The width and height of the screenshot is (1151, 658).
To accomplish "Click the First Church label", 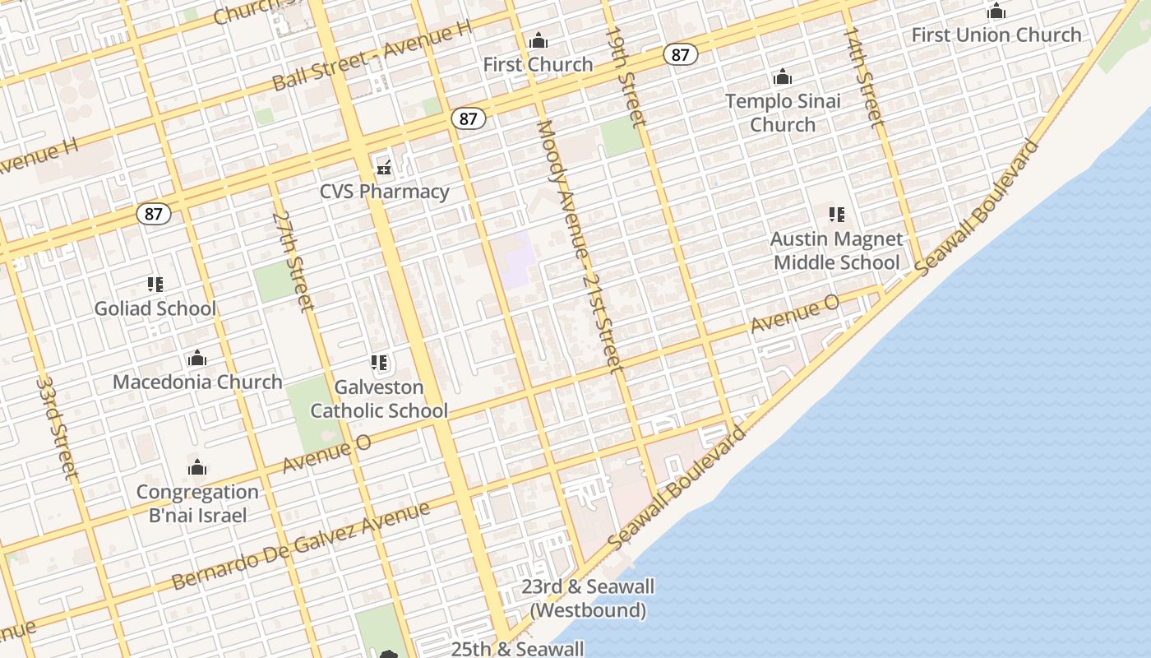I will pyautogui.click(x=538, y=64).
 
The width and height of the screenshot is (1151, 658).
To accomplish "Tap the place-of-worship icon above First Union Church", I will pyautogui.click(x=996, y=12).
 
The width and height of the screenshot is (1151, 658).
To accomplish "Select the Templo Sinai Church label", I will pyautogui.click(x=783, y=113).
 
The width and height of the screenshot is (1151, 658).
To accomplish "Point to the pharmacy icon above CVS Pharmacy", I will pyautogui.click(x=384, y=168).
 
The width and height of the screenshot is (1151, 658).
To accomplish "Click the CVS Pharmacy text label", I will pyautogui.click(x=385, y=192).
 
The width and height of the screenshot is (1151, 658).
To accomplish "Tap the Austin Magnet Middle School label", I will pyautogui.click(x=837, y=251).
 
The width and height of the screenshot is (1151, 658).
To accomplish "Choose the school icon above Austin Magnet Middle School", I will pyautogui.click(x=837, y=215).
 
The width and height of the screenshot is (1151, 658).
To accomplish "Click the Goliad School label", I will pyautogui.click(x=155, y=308).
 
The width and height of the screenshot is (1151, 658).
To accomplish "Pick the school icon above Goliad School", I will pyautogui.click(x=155, y=285).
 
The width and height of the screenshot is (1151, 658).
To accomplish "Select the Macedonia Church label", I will pyautogui.click(x=197, y=382).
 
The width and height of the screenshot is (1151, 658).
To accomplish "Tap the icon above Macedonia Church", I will pyautogui.click(x=197, y=359).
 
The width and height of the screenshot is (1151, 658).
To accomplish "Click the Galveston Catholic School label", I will pyautogui.click(x=379, y=399).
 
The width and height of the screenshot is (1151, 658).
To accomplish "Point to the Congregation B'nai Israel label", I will pyautogui.click(x=197, y=503).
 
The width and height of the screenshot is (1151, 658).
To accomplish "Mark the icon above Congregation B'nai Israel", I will pyautogui.click(x=197, y=468).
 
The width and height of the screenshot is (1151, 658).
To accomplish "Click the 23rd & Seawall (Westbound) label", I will pyautogui.click(x=588, y=598).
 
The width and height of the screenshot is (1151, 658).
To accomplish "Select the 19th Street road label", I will pyautogui.click(x=626, y=76).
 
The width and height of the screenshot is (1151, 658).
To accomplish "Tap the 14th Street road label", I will pyautogui.click(x=862, y=76).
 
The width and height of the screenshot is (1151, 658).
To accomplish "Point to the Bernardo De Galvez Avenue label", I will pyautogui.click(x=301, y=545).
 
